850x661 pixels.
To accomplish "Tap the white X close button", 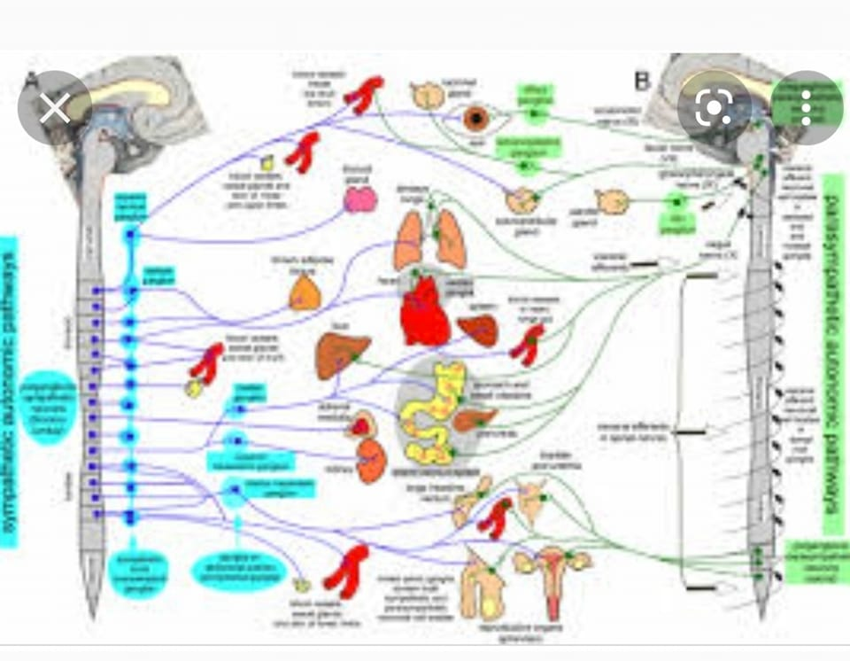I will pyautogui.click(x=55, y=109).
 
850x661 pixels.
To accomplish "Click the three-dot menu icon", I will pyautogui.click(x=806, y=108).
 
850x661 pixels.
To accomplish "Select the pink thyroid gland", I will pyautogui.click(x=360, y=200).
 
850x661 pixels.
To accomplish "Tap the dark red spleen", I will pyautogui.click(x=478, y=330).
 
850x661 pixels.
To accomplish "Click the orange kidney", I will pyautogui.click(x=372, y=461).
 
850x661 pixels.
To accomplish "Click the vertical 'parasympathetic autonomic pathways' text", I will pyautogui.click(x=832, y=354).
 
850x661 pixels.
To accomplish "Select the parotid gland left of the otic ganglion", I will pyautogui.click(x=612, y=202).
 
